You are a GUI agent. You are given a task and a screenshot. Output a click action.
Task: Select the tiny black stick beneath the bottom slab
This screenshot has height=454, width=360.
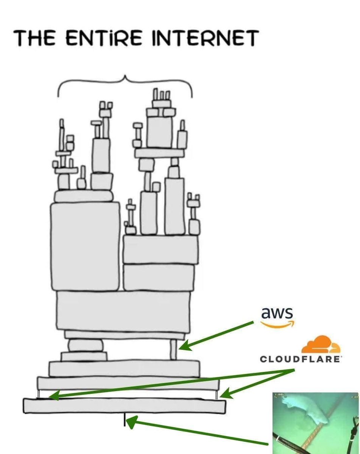pos(124,420)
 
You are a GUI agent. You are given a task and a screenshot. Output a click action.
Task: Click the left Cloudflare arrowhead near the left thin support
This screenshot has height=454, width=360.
pos(53,396)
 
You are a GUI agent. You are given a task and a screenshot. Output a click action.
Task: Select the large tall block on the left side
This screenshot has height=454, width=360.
pos(85,246)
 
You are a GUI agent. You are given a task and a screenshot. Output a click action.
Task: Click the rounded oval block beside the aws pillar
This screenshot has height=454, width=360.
pos(86,345)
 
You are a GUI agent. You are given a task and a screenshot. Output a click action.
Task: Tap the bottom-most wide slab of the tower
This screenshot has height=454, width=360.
pos(125,405)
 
